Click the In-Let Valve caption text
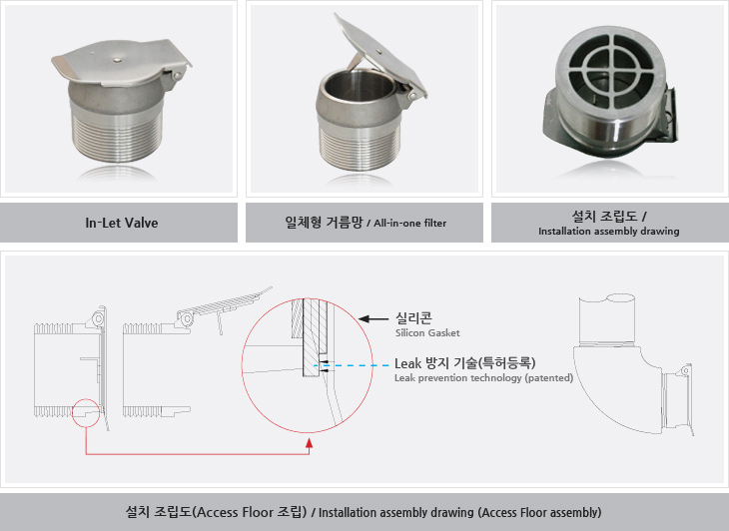point(122,223)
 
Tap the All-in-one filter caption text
point(410,224)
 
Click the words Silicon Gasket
point(427,333)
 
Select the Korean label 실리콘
point(413,317)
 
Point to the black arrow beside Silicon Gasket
point(373,318)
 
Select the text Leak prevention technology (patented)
point(483,378)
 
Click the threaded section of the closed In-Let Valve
point(116,136)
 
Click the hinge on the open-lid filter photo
point(411,95)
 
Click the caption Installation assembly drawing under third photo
point(608,231)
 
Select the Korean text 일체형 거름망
point(324,222)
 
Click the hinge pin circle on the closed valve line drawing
point(98,319)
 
